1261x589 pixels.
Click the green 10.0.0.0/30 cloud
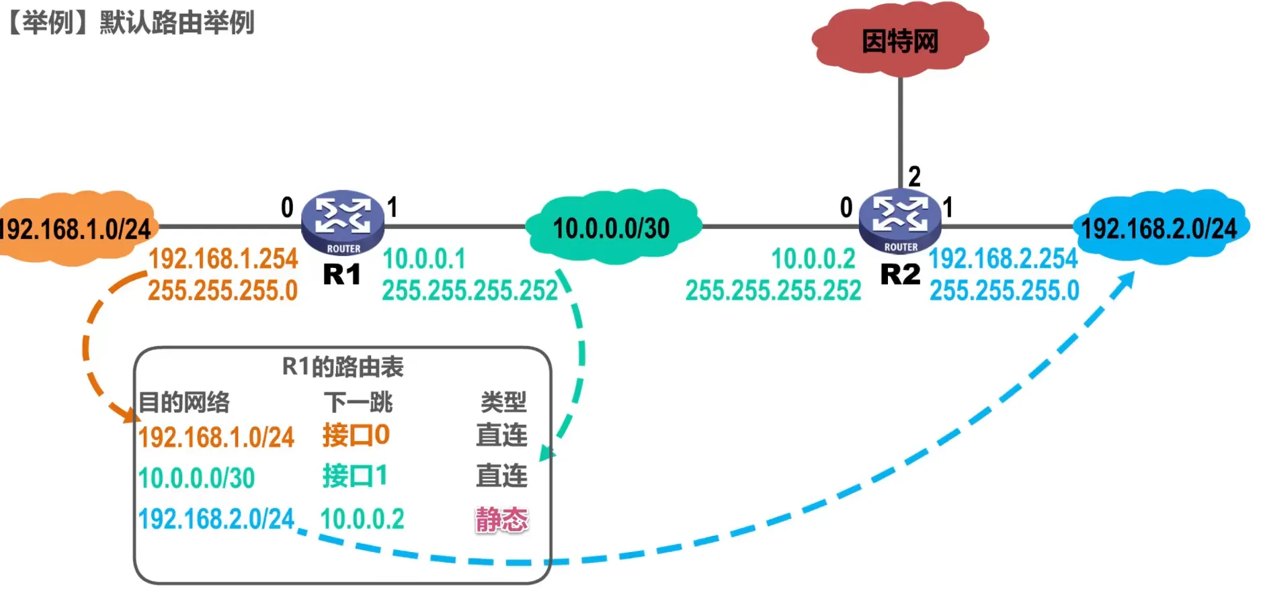tap(611, 228)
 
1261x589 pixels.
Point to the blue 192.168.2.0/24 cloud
tap(1159, 228)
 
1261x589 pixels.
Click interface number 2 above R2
tap(914, 177)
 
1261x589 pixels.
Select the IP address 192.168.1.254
tap(223, 259)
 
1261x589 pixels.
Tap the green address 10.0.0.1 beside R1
tap(423, 259)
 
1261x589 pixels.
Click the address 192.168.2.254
tap(1003, 259)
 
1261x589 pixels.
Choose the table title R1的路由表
tap(342, 367)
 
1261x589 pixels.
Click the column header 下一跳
tap(358, 402)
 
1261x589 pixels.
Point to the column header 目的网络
tap(184, 402)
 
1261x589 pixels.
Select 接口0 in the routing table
tap(356, 435)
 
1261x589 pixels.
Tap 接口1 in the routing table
tap(355, 476)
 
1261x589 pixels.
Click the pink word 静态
tap(501, 519)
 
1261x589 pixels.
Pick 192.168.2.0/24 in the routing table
tap(216, 519)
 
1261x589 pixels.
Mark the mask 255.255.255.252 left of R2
tap(773, 291)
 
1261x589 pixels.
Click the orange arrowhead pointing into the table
tap(128, 413)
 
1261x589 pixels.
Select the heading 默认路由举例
tap(177, 22)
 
